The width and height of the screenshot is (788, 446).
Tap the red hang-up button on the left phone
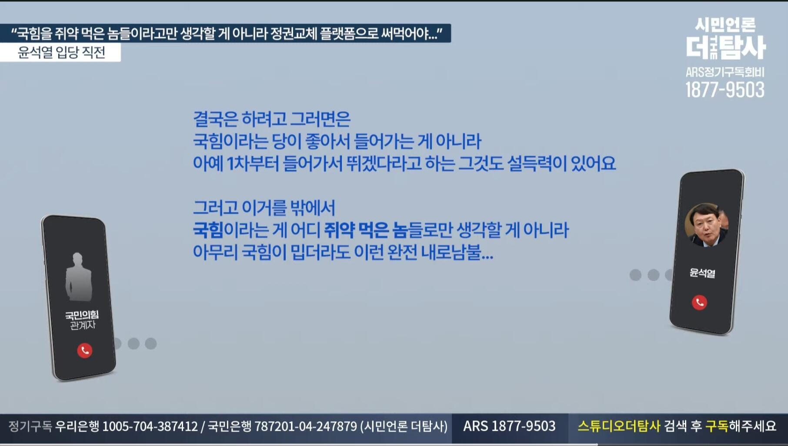pos(84,350)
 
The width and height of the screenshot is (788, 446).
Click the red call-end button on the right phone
pos(699,302)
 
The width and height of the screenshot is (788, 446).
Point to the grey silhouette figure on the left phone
pos(78,277)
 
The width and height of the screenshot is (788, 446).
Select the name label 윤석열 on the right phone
pos(702,273)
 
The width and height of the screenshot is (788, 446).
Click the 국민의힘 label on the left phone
pos(82,315)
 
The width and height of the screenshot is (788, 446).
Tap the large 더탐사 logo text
pos(725,47)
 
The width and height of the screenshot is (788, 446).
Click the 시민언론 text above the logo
pos(725,25)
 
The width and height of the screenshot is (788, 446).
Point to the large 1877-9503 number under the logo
pos(725,90)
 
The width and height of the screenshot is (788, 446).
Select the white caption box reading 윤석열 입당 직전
pos(60,53)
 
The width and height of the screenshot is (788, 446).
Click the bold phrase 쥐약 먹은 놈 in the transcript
pos(365,230)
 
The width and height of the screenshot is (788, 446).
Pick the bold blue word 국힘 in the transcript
pos(208,230)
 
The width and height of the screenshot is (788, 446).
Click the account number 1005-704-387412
pos(150,426)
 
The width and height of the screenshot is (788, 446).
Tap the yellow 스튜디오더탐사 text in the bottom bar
pos(619,426)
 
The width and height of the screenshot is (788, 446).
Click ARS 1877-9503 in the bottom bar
pos(509,426)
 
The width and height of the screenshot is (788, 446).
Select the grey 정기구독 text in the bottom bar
pos(30,426)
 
